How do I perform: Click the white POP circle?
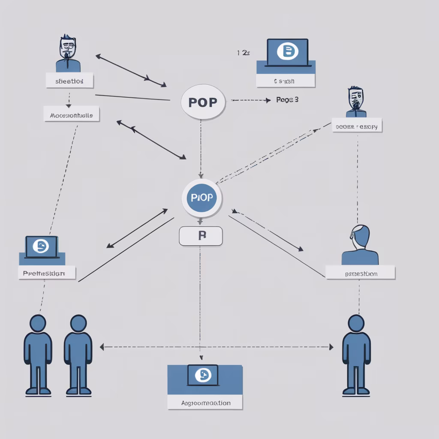[x=203, y=102]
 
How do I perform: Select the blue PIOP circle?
[x=202, y=198]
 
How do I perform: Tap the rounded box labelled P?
[x=201, y=236]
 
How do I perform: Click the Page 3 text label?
[x=287, y=100]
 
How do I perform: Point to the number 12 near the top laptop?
[x=243, y=53]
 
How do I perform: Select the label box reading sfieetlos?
[x=69, y=80]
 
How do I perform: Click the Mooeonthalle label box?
[x=72, y=114]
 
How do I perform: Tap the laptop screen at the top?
[x=287, y=52]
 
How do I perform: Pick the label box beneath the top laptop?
[x=286, y=81]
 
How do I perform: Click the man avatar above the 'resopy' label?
[x=356, y=102]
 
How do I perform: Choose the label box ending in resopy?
[x=357, y=126]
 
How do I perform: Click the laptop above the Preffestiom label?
[x=42, y=247]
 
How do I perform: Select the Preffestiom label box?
[x=47, y=273]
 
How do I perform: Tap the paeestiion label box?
[x=360, y=273]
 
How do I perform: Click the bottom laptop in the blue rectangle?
[x=203, y=376]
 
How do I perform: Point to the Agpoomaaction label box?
[x=205, y=403]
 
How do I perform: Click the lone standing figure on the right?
[x=356, y=354]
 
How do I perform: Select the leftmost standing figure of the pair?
[x=38, y=354]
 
